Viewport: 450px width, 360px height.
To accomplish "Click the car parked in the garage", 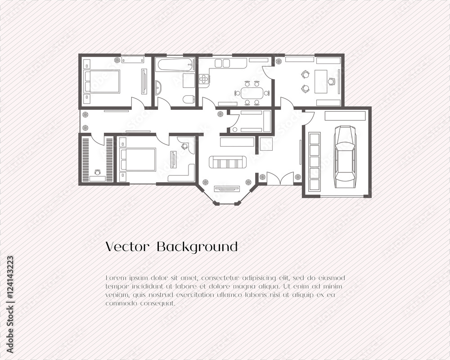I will pos(345,157).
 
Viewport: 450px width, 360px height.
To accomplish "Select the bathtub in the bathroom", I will pos(175,65).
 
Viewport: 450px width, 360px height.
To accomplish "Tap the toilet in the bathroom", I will pos(189,99).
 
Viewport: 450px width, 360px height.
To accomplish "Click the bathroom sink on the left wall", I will pos(158,87).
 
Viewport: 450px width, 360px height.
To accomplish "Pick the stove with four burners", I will pos(204,79).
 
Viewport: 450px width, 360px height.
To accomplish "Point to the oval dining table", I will pos(252,93).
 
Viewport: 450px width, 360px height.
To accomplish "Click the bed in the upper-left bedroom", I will pos(102,81).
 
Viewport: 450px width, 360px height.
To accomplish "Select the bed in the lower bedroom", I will pos(138,159).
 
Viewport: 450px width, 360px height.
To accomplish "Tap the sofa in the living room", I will pos(228,162).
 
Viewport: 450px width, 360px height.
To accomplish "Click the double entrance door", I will pos(280,179).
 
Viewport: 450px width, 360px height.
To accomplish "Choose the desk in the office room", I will pos(321,81).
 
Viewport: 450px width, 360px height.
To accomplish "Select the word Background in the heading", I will pos(197,247).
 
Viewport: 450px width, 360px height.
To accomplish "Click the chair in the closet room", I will pos(98,172).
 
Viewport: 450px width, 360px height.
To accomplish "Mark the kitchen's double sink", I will pos(222,63).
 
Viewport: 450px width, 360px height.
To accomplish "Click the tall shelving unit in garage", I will pos(314,162).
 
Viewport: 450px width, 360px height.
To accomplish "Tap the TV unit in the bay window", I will pos(227,189).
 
